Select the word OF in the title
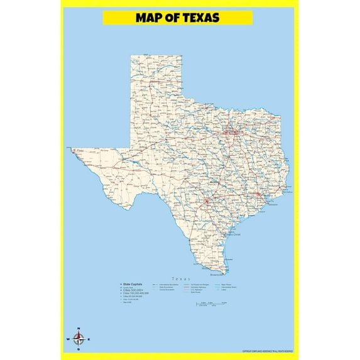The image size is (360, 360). pos(172,18)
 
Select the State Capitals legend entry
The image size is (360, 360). pos(133,284)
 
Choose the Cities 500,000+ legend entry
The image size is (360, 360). pos(133,290)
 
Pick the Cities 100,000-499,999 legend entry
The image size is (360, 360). pos(136,293)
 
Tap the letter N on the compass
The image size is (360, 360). pos(79,329)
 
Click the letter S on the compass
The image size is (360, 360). pos(79,350)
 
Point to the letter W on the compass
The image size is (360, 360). pos(68,340)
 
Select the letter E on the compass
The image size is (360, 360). pos(89,340)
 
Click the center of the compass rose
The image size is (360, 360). pos(79,340)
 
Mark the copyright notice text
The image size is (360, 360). pos(267,351)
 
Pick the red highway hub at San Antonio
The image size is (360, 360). pos(207,202)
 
